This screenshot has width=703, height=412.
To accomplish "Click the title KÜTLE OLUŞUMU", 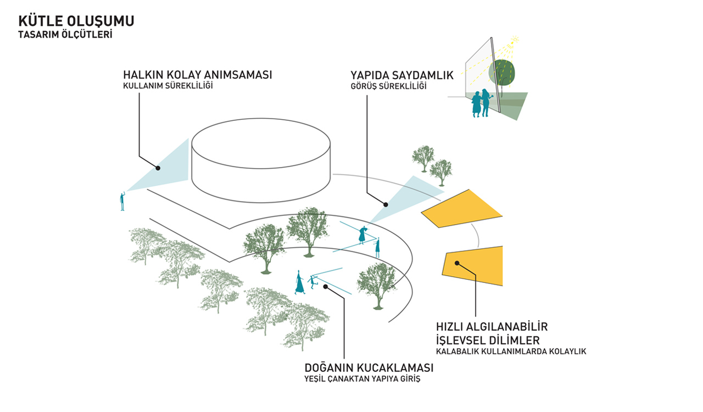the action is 76,21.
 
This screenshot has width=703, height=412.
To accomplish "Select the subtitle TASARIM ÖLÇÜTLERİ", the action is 65,35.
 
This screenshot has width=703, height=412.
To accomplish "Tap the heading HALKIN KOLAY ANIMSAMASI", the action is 197,75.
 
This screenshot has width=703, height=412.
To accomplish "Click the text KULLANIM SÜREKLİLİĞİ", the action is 168,85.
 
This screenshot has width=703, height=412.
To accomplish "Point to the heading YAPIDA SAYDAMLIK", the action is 402,75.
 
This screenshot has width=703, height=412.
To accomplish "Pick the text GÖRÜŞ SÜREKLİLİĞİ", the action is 388,86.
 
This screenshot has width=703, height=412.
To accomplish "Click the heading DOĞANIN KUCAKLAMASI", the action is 369,368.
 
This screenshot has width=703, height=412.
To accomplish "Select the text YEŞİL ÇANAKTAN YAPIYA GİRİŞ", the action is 362,378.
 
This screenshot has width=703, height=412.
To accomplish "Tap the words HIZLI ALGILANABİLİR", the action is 492,327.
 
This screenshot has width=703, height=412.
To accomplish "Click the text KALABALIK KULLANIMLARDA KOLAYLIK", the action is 511,352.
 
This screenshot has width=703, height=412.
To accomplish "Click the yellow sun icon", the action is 515,40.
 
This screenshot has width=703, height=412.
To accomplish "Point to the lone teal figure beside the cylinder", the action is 122,201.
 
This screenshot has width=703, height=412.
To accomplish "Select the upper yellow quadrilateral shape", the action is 462,209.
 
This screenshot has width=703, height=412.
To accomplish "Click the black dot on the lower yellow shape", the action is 457,263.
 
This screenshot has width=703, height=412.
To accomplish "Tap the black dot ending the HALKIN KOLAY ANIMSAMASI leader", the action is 158,168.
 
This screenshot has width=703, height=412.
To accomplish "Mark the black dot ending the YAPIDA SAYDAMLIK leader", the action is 386,205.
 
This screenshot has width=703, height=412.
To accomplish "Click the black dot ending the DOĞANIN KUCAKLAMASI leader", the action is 326,287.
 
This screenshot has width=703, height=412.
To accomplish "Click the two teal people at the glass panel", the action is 482,103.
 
